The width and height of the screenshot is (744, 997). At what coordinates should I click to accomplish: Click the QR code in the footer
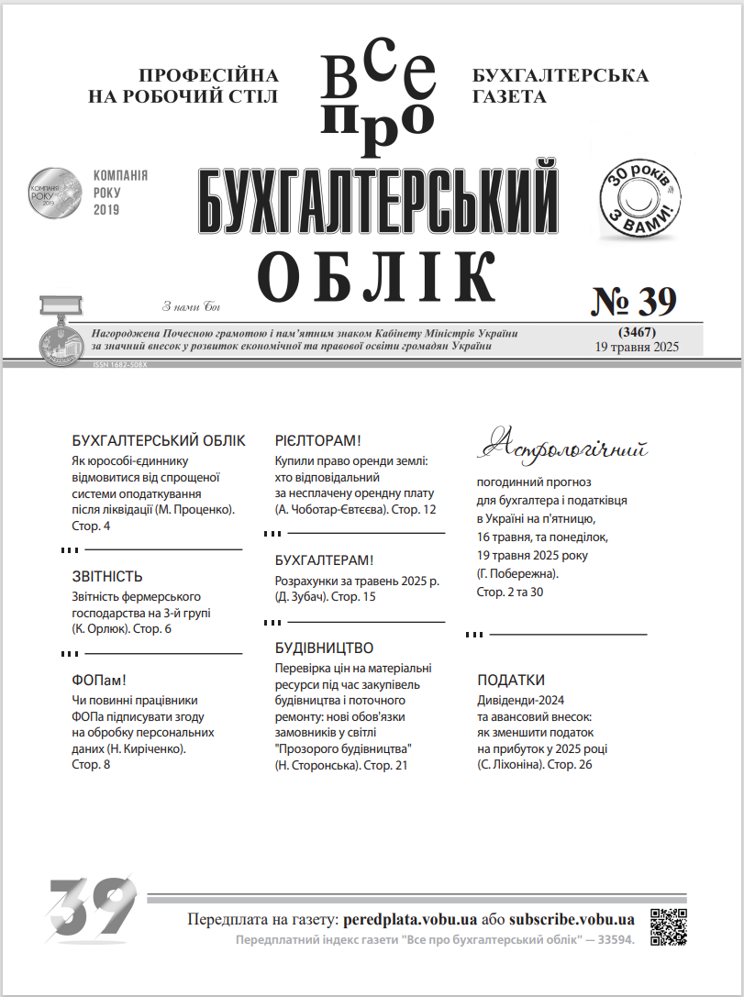tap(668, 926)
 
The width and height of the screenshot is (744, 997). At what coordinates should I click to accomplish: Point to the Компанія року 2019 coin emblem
tap(54, 191)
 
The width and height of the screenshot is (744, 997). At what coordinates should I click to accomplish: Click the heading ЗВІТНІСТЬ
tap(107, 577)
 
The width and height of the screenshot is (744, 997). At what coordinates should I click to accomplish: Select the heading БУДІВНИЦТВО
tap(325, 648)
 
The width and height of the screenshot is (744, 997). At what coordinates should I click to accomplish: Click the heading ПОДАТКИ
tap(511, 681)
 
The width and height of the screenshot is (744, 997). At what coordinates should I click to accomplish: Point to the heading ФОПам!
tap(98, 681)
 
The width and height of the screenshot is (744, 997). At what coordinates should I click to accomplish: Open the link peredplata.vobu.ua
tap(410, 919)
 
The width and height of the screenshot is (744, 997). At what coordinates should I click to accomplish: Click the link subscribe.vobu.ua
tap(572, 919)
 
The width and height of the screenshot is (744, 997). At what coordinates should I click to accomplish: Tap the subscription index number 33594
tap(612, 940)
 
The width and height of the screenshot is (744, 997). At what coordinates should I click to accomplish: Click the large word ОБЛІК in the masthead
tap(376, 275)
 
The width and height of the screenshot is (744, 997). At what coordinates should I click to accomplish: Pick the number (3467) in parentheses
tap(636, 331)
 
